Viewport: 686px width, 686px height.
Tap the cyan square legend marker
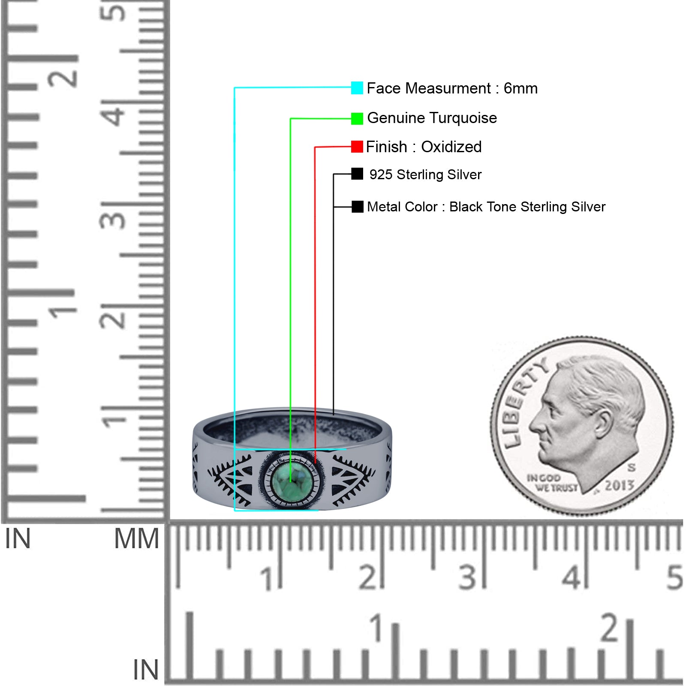pyautogui.click(x=357, y=88)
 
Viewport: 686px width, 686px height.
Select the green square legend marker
pyautogui.click(x=357, y=118)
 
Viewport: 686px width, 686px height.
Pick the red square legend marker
pyautogui.click(x=357, y=147)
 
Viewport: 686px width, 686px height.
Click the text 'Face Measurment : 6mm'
pyautogui.click(x=452, y=88)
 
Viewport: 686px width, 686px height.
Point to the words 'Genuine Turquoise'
pyautogui.click(x=432, y=118)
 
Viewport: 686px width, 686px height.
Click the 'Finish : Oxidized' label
pyautogui.click(x=424, y=147)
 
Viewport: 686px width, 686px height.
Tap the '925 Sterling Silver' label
pyautogui.click(x=425, y=175)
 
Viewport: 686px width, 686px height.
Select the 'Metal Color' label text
pyautogui.click(x=402, y=207)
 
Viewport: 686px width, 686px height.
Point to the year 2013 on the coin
pyautogui.click(x=619, y=485)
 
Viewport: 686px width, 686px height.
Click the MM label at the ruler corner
pyautogui.click(x=136, y=539)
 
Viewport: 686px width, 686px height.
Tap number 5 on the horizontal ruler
pyautogui.click(x=674, y=577)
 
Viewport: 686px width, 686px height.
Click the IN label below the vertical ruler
pyautogui.click(x=18, y=539)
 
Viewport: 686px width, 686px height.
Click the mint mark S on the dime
pyautogui.click(x=631, y=467)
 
